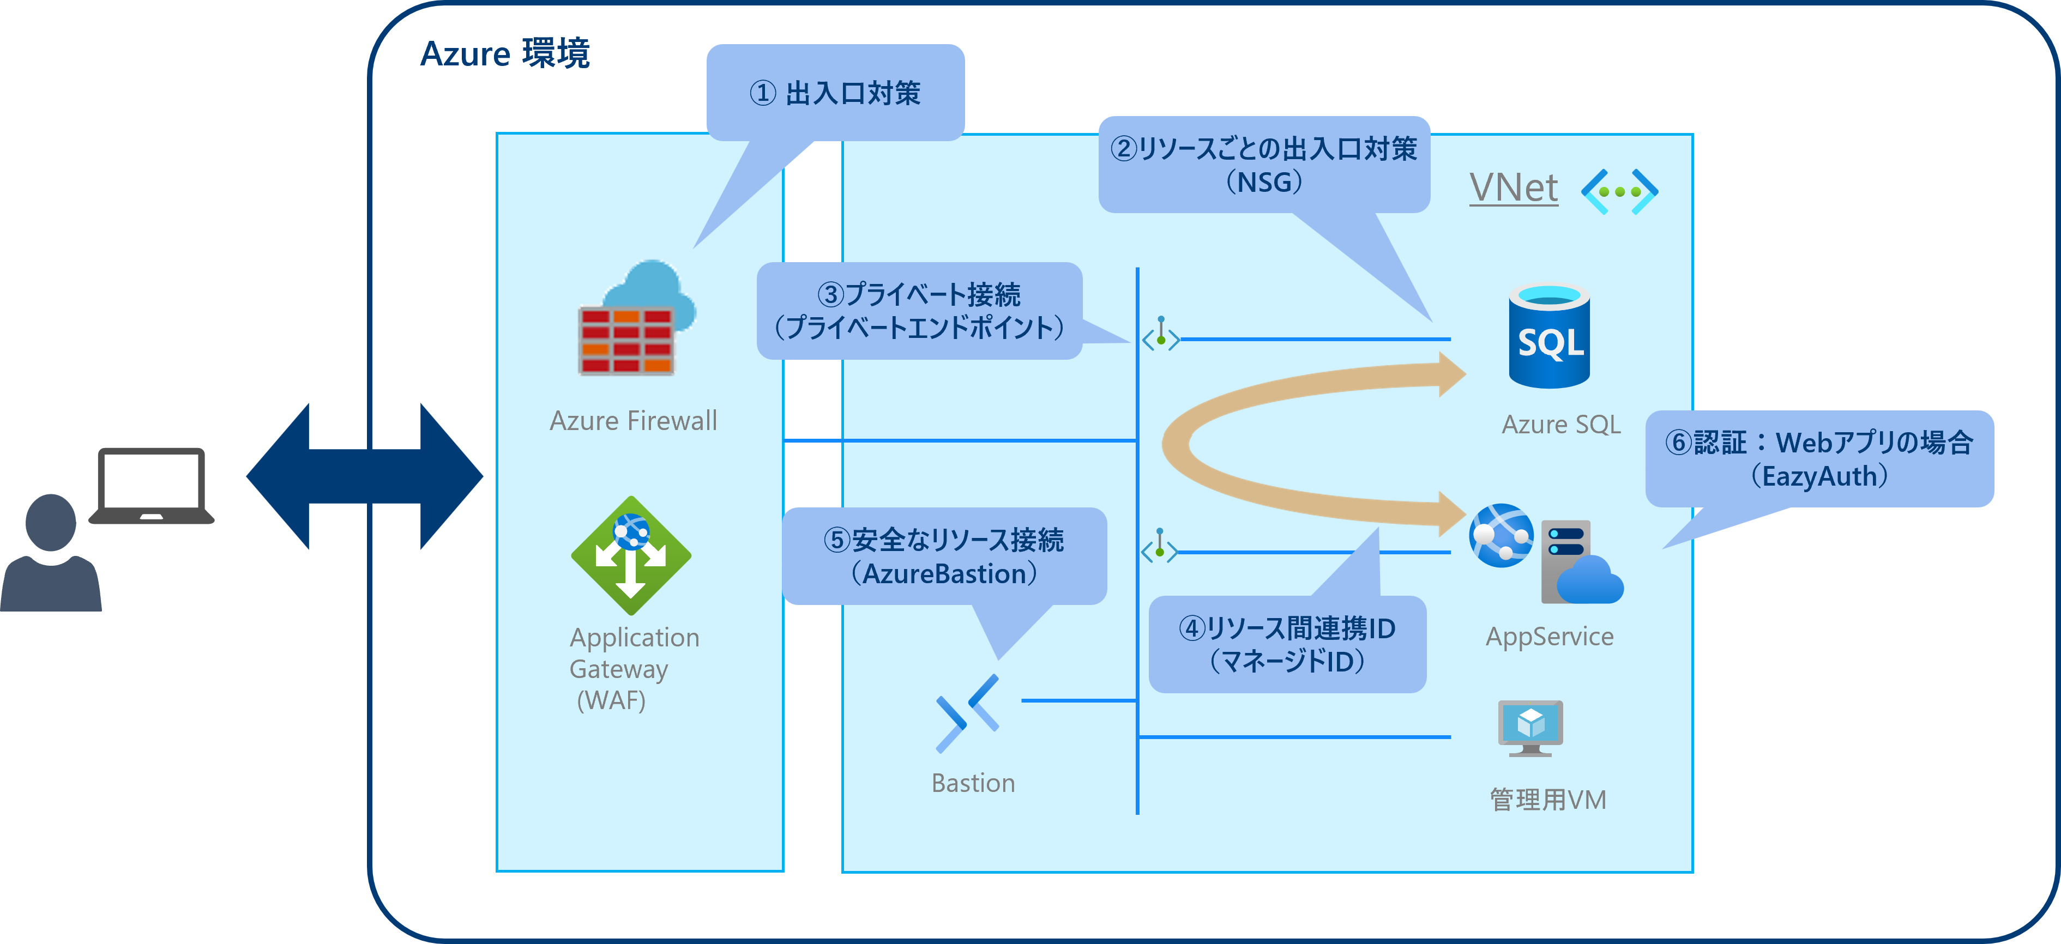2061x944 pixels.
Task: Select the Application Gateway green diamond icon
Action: coord(631,556)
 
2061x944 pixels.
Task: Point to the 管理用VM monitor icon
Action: coord(1530,727)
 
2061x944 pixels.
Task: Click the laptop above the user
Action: coord(151,485)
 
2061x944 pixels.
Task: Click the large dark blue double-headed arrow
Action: coord(365,476)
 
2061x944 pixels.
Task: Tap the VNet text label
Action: coord(1513,189)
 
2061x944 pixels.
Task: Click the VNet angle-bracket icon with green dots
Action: coord(1619,191)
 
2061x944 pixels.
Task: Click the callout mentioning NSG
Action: coord(1263,164)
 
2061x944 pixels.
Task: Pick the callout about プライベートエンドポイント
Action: coord(919,311)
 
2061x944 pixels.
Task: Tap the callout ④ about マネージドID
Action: coord(1287,644)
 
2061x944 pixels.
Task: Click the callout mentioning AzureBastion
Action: coord(944,556)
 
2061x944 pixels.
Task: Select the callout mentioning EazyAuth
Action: coord(1818,458)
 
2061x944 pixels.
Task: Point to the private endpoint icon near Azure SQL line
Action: coord(1160,335)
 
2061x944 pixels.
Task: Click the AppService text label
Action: coord(1549,636)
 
